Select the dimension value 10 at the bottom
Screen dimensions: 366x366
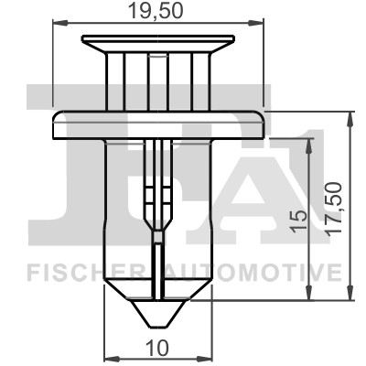click(158, 347)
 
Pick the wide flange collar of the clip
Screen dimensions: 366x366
click(158, 123)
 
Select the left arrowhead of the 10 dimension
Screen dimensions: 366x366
click(112, 358)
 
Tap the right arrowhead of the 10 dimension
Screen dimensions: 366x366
click(206, 358)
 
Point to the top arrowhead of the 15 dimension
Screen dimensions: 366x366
click(311, 141)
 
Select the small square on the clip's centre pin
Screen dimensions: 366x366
click(157, 237)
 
